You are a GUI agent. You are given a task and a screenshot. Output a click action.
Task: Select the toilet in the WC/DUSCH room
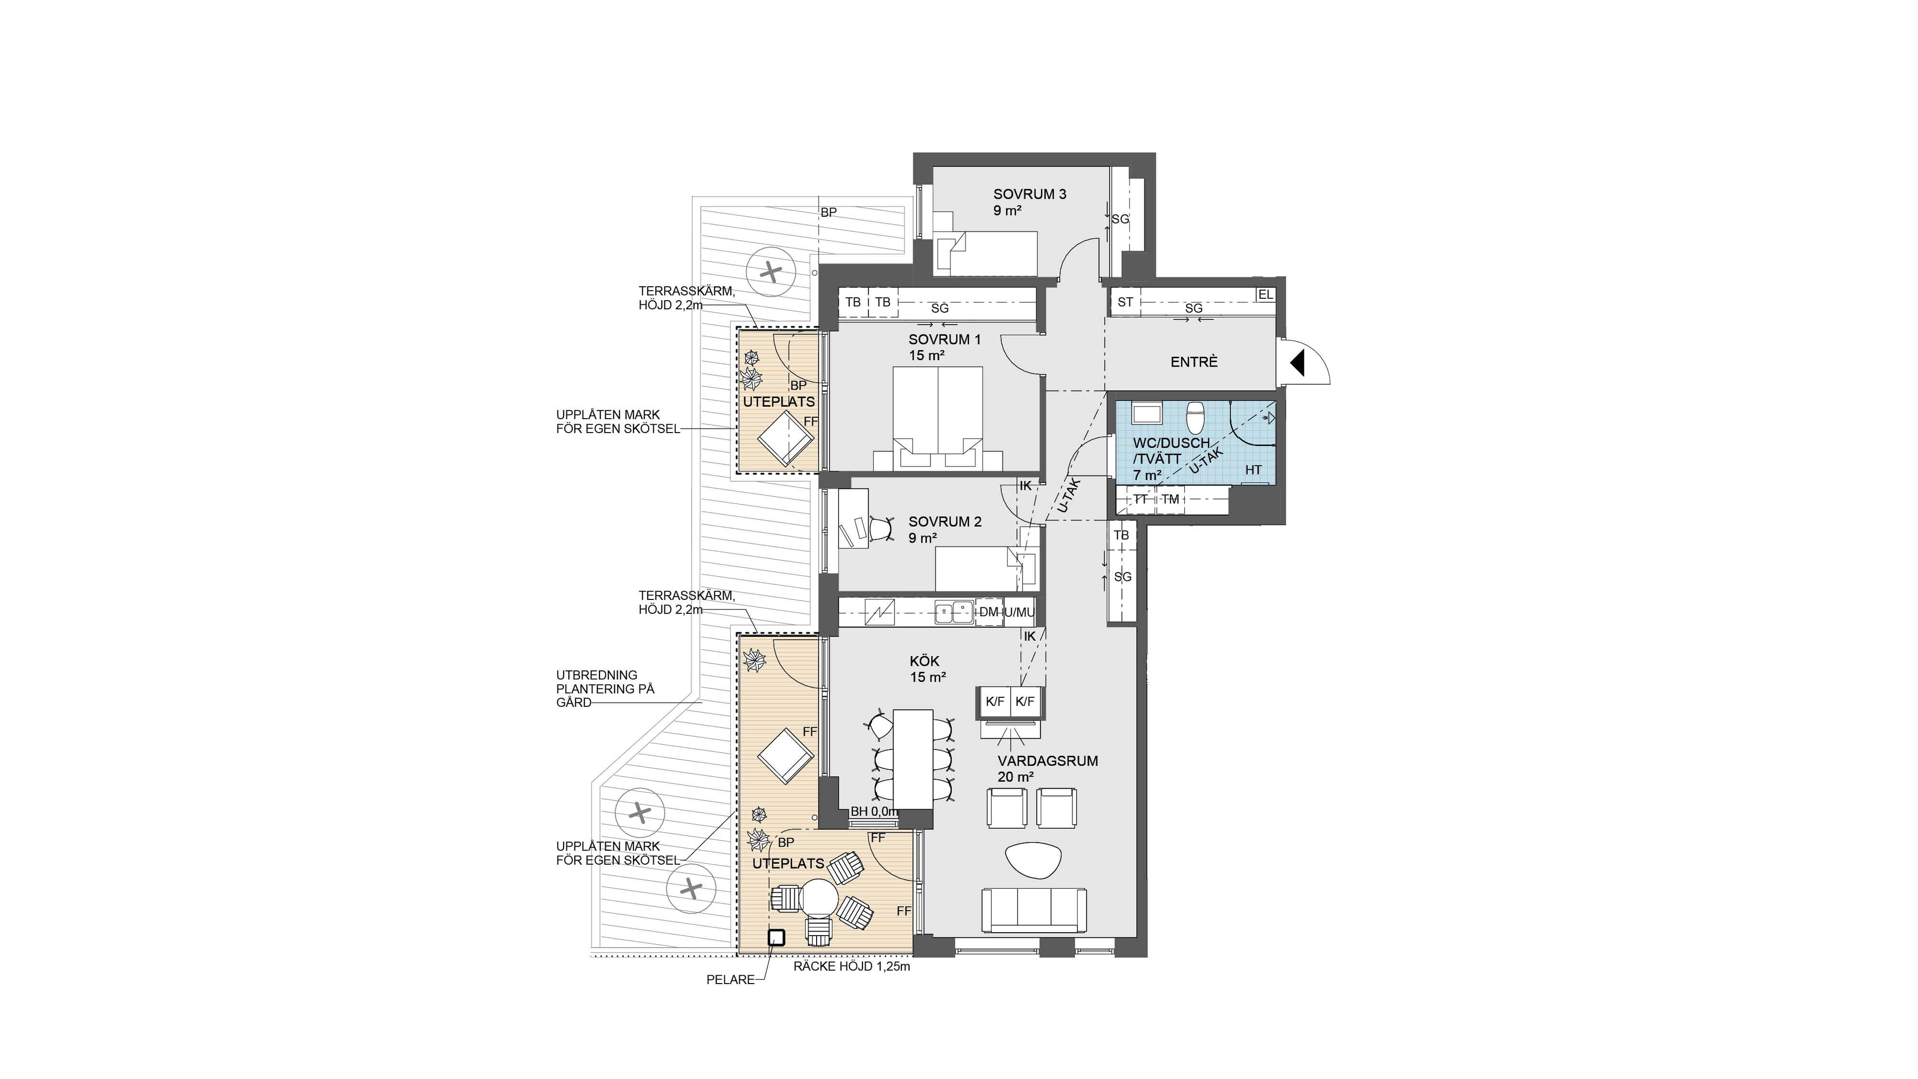point(1196,417)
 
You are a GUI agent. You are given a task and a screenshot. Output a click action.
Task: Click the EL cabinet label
point(1265,295)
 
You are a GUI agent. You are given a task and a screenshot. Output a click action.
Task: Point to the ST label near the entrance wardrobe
point(1125,302)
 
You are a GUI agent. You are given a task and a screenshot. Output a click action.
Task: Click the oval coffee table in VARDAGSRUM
point(1033,861)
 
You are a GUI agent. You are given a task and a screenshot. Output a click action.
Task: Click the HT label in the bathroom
point(1253,470)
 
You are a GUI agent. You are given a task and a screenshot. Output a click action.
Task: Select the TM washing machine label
point(1170,500)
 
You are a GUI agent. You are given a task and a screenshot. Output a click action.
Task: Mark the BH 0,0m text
point(875,812)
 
